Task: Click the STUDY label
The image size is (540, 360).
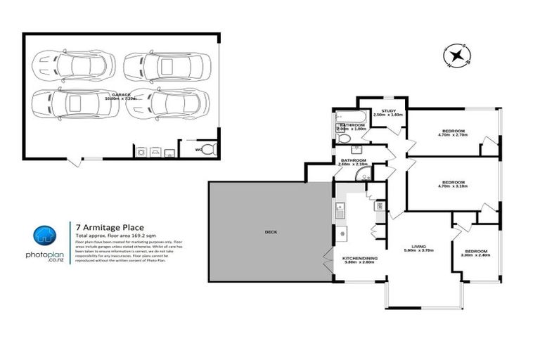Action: click(387, 110)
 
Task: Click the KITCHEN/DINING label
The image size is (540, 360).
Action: click(360, 259)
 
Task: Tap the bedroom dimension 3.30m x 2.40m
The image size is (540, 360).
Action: click(475, 255)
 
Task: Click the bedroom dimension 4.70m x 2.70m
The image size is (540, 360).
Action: click(453, 135)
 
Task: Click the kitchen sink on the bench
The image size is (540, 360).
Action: click(340, 207)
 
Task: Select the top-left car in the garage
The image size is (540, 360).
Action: click(72, 65)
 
